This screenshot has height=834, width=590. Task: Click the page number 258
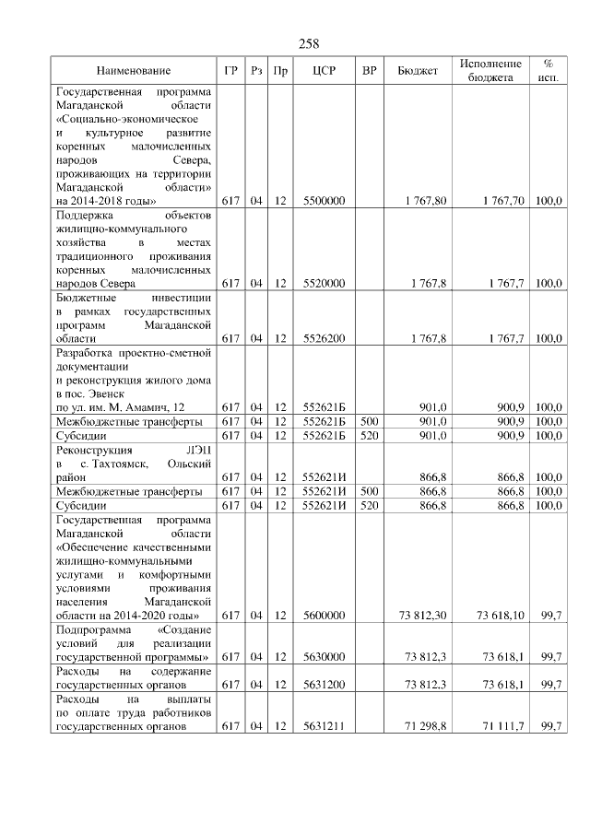pos(309,43)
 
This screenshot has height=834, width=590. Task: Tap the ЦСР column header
pos(324,71)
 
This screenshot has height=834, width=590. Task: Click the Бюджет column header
pos(417,71)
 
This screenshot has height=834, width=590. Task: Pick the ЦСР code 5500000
pos(324,200)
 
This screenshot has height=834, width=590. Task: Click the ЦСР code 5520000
pos(324,284)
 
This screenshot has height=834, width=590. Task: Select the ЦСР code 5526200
pos(324,339)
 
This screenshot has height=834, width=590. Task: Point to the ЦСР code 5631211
pos(324,726)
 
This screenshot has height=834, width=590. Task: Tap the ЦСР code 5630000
pos(324,657)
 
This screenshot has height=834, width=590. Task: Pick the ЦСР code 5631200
pos(324,686)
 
